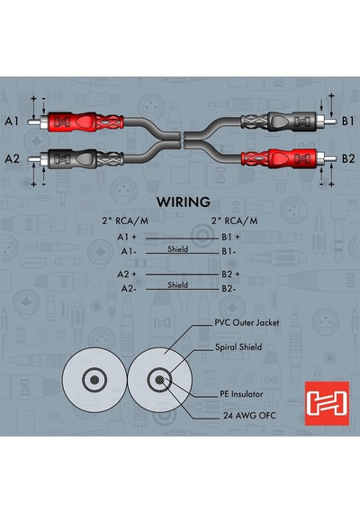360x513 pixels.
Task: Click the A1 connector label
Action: pos(12,121)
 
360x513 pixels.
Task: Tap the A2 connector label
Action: pos(12,159)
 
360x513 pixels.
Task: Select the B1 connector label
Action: pos(348,121)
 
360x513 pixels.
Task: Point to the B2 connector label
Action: pos(348,159)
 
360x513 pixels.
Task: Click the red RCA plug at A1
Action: pos(76,121)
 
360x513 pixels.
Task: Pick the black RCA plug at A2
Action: pos(76,159)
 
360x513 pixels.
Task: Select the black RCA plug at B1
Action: pos(289,121)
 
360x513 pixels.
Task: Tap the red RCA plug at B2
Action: pos(289,159)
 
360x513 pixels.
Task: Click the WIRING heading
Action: pos(184,202)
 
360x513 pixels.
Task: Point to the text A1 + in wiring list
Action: pos(127,237)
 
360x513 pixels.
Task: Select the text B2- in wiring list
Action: pos(229,289)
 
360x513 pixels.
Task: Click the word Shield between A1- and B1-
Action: pos(177,249)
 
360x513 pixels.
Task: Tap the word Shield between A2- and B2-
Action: pos(177,285)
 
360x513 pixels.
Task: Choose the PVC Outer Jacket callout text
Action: pos(247,323)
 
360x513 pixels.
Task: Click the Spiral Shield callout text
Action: pos(238,347)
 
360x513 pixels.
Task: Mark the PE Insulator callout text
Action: pos(241,394)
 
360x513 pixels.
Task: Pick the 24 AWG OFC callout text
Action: pos(249,416)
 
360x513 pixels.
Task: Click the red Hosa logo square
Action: pos(327,403)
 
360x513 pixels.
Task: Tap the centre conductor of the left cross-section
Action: pos(94,380)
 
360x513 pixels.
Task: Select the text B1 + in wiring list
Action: pos(230,237)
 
